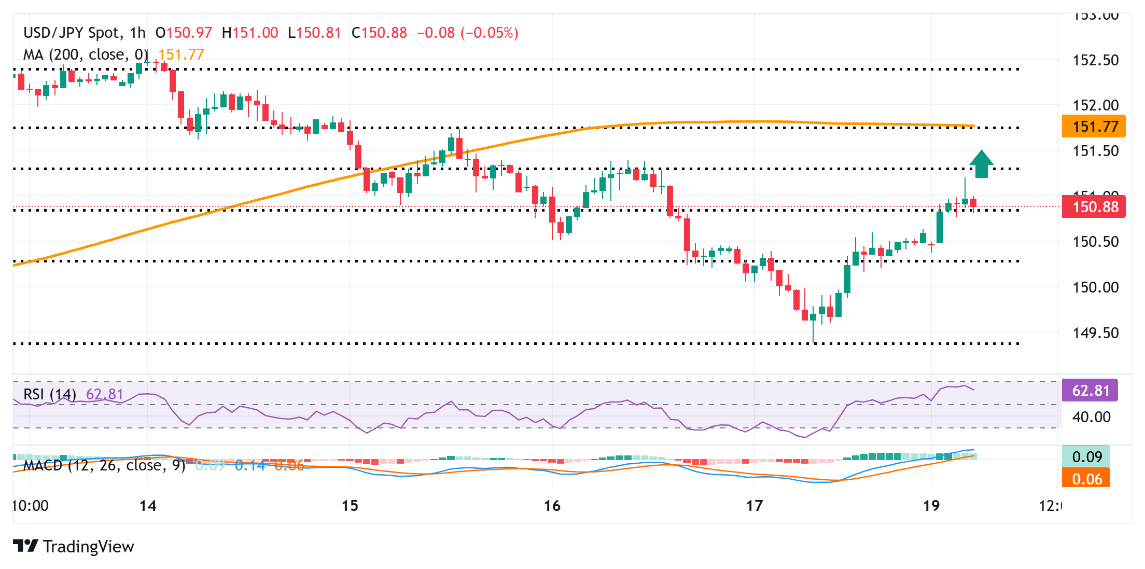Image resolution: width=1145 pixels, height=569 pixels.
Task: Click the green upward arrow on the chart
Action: click(981, 164)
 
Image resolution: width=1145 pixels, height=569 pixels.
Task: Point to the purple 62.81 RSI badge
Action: click(1090, 391)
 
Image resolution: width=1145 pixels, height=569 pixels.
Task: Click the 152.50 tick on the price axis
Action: click(1095, 60)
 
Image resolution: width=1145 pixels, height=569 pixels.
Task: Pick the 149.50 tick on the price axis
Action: click(1095, 333)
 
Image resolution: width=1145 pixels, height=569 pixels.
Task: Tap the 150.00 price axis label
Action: click(1095, 287)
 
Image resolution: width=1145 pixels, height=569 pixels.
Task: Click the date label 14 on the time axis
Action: click(148, 506)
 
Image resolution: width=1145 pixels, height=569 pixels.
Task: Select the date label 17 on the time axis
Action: click(754, 506)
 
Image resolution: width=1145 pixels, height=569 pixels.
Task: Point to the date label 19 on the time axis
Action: click(931, 506)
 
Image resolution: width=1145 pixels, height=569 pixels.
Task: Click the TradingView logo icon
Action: click(25, 546)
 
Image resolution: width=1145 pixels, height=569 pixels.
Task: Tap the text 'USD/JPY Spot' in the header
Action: click(71, 33)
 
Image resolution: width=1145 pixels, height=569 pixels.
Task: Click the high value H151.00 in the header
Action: click(250, 33)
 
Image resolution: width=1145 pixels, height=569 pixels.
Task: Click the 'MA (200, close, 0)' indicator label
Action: click(86, 54)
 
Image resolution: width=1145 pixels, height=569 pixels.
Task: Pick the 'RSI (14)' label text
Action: click(50, 395)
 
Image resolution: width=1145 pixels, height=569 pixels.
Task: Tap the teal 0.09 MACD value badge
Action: click(1086, 457)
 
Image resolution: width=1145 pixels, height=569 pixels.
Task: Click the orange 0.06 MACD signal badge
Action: click(1086, 479)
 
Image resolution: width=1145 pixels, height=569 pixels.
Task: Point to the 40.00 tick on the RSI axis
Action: click(1091, 417)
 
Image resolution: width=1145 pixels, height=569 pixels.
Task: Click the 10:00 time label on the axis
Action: click(31, 506)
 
